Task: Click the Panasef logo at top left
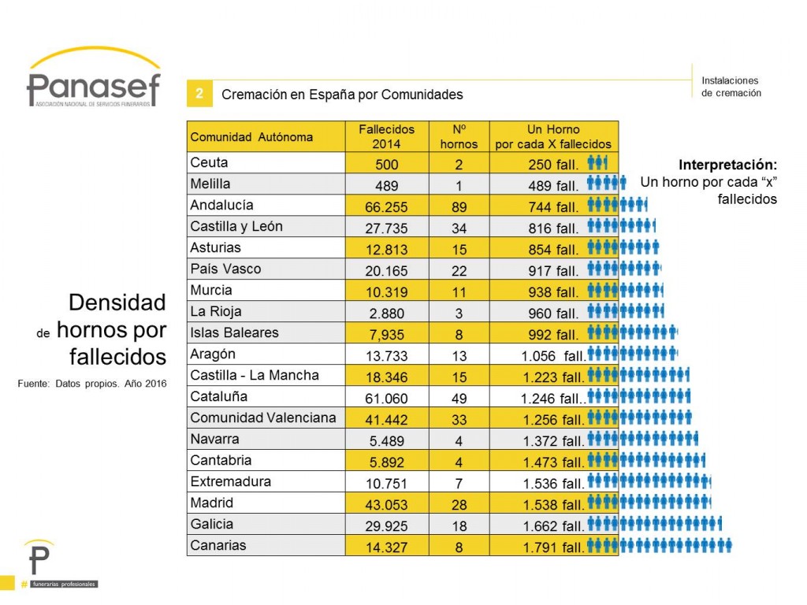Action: pos(94,77)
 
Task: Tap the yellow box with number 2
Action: pos(199,94)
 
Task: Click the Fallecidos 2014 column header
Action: pos(386,137)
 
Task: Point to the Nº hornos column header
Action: pos(459,137)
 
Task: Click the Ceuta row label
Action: pos(209,162)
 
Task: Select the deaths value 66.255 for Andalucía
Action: pos(386,207)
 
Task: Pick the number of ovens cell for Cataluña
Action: pos(459,398)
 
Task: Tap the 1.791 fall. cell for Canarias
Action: pos(554,547)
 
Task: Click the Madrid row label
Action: pos(211,503)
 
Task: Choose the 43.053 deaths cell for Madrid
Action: pos(386,505)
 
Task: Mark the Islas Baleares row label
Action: pos(234,332)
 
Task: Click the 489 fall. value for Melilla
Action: pos(553,186)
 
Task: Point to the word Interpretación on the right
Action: pos(727,165)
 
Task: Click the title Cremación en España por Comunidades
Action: pos(342,95)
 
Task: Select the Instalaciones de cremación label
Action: pos(731,87)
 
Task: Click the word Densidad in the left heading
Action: pos(117,302)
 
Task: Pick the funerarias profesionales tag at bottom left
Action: pos(64,584)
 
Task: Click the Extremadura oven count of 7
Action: pos(459,484)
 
